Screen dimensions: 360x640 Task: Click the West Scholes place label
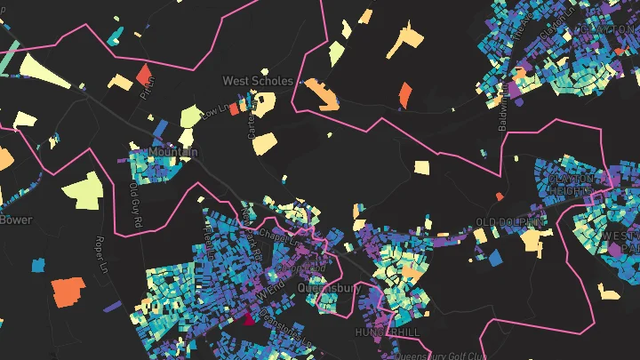(x=257, y=81)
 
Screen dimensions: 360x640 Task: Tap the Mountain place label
(x=173, y=153)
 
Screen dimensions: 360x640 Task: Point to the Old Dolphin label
(x=509, y=221)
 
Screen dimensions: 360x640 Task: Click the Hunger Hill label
(x=386, y=331)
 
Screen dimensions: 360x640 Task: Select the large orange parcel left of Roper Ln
(x=68, y=291)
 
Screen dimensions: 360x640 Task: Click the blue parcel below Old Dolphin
(x=494, y=258)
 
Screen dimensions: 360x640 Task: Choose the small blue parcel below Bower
(x=38, y=264)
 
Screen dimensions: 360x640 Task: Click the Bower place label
(x=15, y=219)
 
